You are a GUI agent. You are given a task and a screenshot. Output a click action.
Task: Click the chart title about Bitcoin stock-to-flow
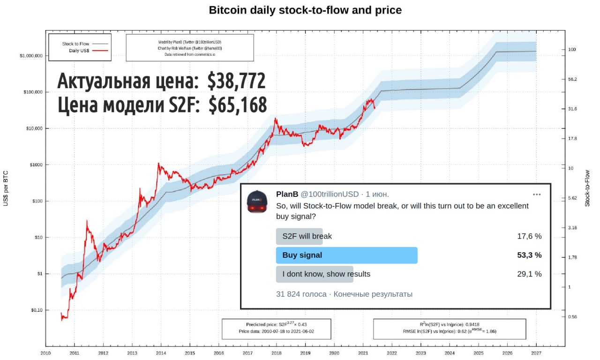pyautogui.click(x=305, y=10)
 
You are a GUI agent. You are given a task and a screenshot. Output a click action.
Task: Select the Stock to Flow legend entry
pyautogui.click(x=75, y=44)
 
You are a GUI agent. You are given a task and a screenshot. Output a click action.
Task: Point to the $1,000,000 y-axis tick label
pyautogui.click(x=31, y=56)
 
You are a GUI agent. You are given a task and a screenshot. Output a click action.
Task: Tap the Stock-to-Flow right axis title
pyautogui.click(x=587, y=188)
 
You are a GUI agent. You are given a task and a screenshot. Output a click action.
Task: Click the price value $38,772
pyautogui.click(x=236, y=82)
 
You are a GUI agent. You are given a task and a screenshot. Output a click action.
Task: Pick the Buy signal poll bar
pyautogui.click(x=346, y=255)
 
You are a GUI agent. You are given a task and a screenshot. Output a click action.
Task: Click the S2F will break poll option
pyautogui.click(x=307, y=236)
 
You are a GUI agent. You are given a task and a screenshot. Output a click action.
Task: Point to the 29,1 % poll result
pyautogui.click(x=529, y=274)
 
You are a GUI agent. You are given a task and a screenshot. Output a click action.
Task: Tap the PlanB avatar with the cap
pyautogui.click(x=257, y=202)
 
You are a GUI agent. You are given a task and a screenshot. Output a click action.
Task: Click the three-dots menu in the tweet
pyautogui.click(x=537, y=195)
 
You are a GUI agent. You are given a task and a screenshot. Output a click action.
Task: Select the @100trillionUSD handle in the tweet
pyautogui.click(x=329, y=194)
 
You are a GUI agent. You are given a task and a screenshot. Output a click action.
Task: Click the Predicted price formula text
pyautogui.click(x=276, y=324)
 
